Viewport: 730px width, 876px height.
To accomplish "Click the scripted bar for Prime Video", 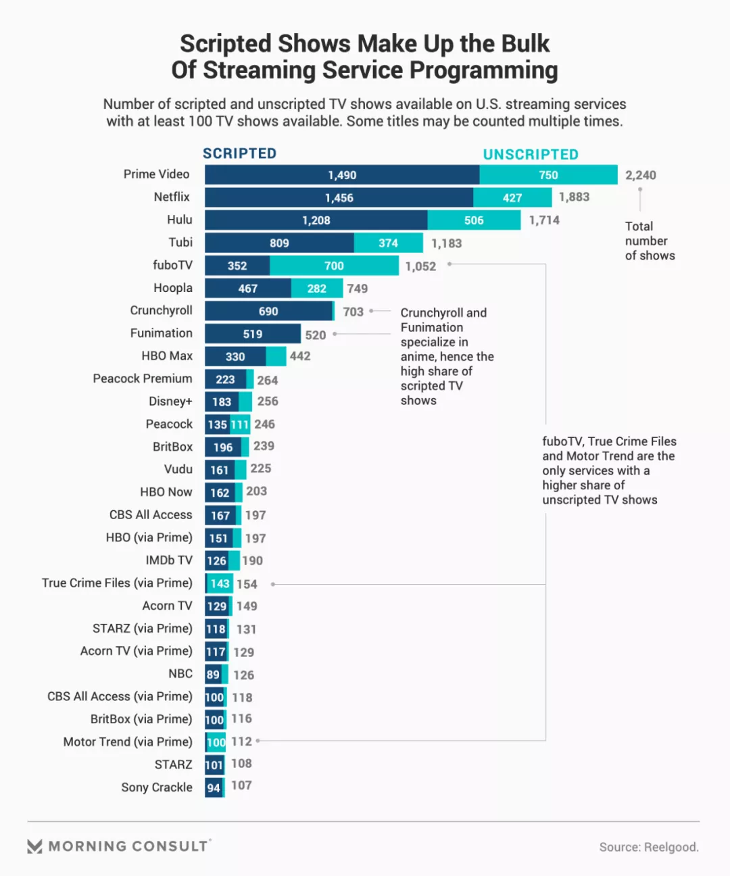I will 342,175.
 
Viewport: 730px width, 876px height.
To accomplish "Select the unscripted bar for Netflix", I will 512,197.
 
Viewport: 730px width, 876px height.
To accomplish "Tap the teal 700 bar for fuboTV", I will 334,266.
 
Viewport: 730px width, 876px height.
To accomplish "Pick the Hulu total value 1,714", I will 544,220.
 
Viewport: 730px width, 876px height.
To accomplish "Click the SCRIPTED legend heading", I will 239,153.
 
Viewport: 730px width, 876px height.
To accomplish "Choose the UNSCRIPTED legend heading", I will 531,155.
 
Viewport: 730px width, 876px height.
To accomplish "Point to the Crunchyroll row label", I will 162,310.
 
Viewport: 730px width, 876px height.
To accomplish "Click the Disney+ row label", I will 170,401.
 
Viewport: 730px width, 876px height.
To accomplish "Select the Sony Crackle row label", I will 157,787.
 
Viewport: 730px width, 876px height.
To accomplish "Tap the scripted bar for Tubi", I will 279,243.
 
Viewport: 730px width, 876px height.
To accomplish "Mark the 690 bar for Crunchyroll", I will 268,311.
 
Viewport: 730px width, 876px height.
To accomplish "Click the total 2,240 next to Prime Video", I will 640,175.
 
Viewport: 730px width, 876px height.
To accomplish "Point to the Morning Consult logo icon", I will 35,846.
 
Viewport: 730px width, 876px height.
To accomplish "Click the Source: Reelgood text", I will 648,847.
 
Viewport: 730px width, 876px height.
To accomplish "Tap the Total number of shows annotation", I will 650,241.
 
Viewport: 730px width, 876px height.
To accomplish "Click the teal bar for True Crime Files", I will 220,583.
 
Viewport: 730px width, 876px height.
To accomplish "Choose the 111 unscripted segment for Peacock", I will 240,424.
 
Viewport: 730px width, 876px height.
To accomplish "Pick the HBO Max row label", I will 167,356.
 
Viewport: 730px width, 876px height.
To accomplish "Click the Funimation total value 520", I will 316,335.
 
